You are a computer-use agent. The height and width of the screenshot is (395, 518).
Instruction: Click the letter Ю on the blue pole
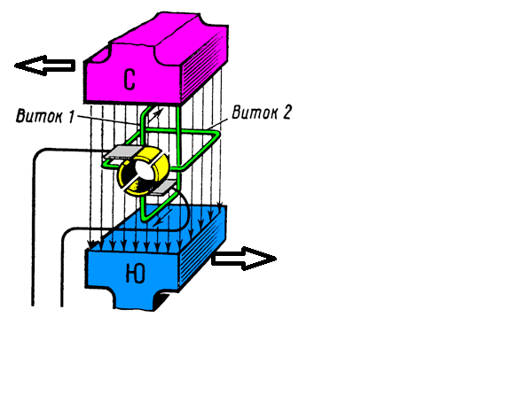pyautogui.click(x=136, y=274)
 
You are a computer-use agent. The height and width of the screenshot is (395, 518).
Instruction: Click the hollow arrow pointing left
pyautogui.click(x=44, y=66)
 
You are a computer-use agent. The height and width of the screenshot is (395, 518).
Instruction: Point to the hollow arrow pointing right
pyautogui.click(x=244, y=259)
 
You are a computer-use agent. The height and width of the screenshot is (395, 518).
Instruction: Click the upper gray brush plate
pyautogui.click(x=122, y=151)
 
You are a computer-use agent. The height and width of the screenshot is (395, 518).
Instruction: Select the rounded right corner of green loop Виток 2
pyautogui.click(x=216, y=135)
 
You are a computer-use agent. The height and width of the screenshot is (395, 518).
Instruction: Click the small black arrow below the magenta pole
pyautogui.click(x=156, y=115)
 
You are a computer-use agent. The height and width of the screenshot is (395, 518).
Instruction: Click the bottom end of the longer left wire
pyautogui.click(x=33, y=306)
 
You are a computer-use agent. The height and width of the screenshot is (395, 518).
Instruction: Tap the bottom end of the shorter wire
pyautogui.click(x=62, y=306)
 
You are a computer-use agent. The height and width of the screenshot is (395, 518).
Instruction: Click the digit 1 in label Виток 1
pyautogui.click(x=71, y=117)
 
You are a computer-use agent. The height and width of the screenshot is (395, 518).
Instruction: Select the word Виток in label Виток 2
pyautogui.click(x=252, y=112)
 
